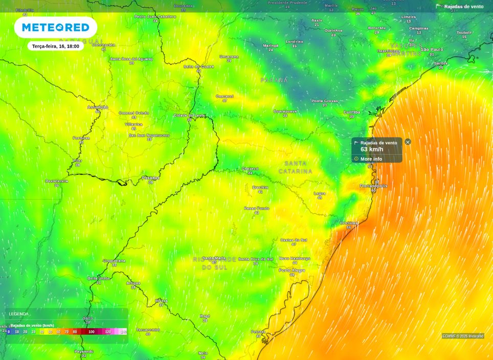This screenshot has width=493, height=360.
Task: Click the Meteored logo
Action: point(56,27)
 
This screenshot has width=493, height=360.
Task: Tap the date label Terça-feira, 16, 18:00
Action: point(55,46)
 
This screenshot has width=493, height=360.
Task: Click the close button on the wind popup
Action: point(408,142)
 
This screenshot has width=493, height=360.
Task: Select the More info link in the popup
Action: point(371,159)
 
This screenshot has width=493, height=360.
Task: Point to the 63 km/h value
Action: point(372,149)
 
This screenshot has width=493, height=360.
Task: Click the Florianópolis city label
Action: point(373,186)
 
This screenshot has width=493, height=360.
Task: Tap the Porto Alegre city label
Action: point(292,270)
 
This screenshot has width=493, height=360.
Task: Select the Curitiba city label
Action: point(351,112)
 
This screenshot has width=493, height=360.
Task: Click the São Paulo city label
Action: point(432,49)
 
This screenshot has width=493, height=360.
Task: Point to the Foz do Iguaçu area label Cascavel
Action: point(225,96)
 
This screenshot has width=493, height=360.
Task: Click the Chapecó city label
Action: point(250,168)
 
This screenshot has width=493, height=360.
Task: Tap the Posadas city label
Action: point(150,178)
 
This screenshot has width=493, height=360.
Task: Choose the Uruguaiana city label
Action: point(114,261)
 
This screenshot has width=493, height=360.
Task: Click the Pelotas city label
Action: point(258,331)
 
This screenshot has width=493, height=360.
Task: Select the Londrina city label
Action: point(294,41)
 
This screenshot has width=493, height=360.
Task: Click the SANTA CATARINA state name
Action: point(295,167)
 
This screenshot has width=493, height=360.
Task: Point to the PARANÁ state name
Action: point(274,80)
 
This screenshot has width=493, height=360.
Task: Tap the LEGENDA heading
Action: point(19,313)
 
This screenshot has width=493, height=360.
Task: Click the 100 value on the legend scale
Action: point(91,332)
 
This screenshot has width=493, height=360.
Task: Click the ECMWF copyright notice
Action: point(463,336)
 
